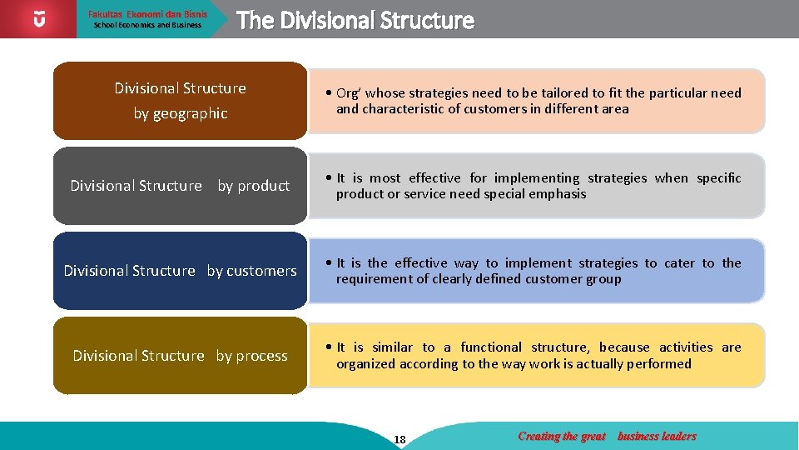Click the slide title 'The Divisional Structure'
[x=355, y=21]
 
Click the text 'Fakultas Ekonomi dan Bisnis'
[x=148, y=14]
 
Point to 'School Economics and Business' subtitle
[x=147, y=25]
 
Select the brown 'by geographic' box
[x=180, y=100]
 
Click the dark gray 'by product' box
[x=180, y=186]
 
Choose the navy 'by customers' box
[x=180, y=271]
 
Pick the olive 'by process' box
[x=180, y=356]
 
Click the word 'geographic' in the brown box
[x=191, y=113]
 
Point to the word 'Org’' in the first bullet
[x=349, y=93]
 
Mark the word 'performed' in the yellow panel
[x=658, y=364]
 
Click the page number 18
[x=400, y=440]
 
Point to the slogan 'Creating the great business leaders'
[x=607, y=436]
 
